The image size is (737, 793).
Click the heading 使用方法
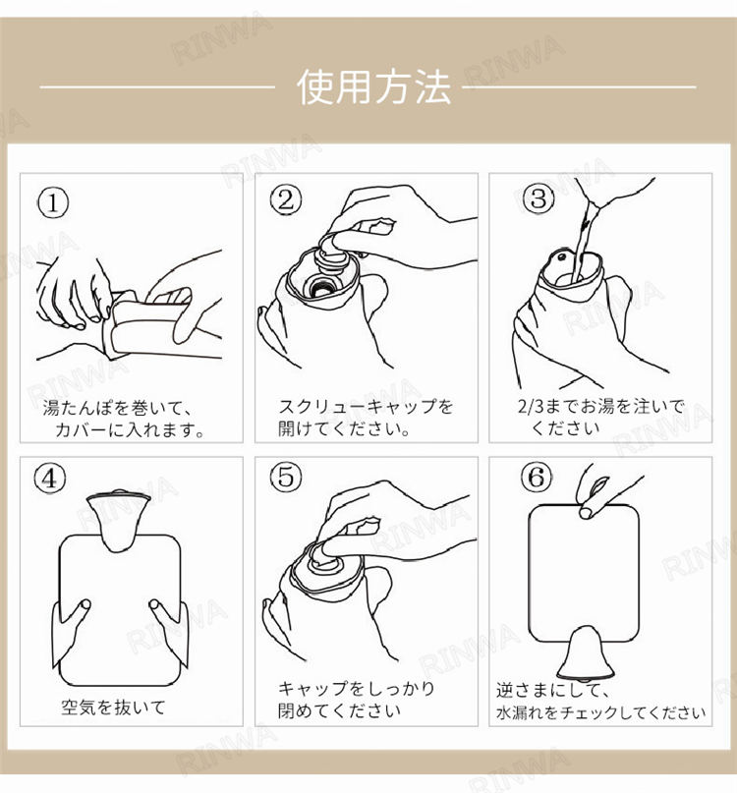click(373, 87)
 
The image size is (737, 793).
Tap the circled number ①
click(53, 203)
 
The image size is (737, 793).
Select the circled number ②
click(286, 199)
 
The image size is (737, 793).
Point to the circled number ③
click(539, 198)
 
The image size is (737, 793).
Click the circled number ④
click(49, 478)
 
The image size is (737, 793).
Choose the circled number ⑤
click(286, 477)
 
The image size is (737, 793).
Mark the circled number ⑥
click(537, 477)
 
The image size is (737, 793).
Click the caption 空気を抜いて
click(113, 708)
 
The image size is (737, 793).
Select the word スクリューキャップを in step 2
click(366, 407)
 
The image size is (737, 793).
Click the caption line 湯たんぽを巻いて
click(116, 408)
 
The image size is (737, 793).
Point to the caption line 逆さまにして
click(552, 690)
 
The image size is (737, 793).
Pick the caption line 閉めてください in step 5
click(339, 710)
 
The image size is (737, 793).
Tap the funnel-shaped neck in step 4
click(118, 521)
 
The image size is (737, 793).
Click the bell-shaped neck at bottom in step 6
click(586, 653)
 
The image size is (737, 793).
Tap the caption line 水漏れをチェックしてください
click(600, 712)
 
